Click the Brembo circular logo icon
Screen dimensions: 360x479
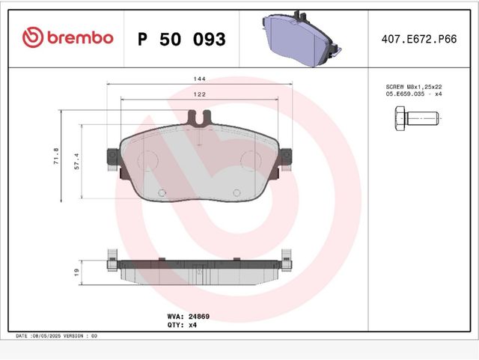click(33, 37)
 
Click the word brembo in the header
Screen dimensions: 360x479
click(80, 37)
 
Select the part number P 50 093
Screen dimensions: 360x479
click(181, 39)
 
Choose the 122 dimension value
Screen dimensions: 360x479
click(199, 95)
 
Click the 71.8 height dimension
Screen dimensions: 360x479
click(55, 156)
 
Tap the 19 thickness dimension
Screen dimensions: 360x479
click(76, 272)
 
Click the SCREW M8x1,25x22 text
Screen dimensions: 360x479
click(414, 87)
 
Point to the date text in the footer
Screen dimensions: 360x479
click(56, 336)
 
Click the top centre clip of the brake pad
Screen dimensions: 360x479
click(199, 117)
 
